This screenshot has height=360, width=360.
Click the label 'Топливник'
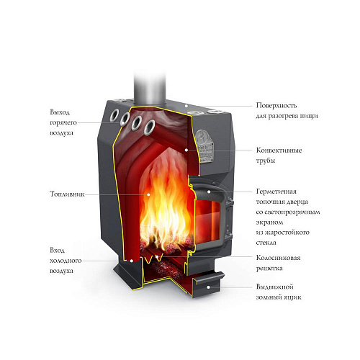pos(67,194)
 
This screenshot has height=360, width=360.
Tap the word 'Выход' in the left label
pos(60,112)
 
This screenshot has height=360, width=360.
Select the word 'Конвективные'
pos(279,150)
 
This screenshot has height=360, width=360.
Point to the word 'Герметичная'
pos(276,192)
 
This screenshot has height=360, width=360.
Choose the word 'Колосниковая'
pos(279,258)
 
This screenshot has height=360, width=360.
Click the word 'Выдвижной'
pos(275,287)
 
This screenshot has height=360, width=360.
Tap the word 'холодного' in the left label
pos(66,261)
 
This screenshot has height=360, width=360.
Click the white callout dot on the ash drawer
pos(209,287)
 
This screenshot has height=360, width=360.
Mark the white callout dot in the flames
pos(148,194)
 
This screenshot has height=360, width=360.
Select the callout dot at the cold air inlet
pos(132,261)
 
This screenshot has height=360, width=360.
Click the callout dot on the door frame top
pos(209,192)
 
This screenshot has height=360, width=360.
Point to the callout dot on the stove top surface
pos(186,106)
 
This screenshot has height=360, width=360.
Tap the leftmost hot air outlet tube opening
pos(115,115)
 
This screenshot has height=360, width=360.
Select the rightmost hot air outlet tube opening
pos(150,127)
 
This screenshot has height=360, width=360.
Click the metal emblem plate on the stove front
pos(204,146)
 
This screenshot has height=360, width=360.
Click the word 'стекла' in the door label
pos(266,243)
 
